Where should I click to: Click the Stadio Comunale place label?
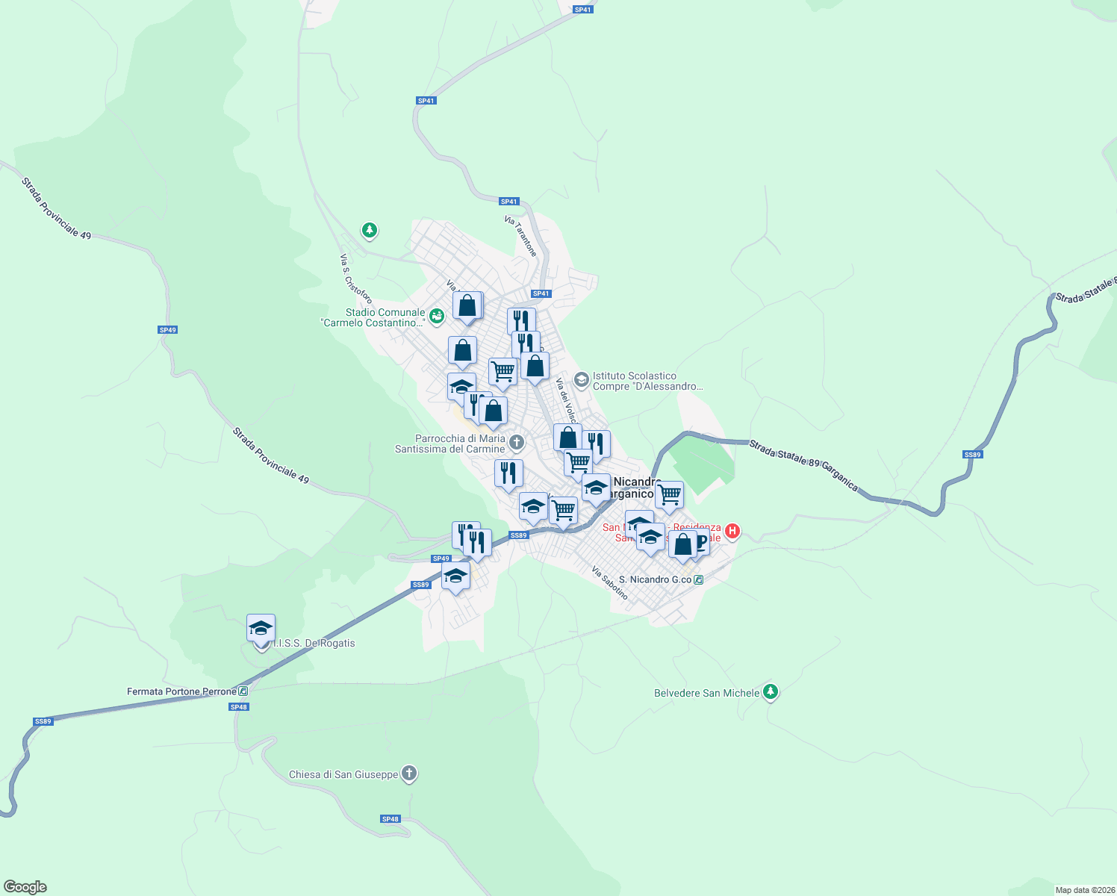point(373,317)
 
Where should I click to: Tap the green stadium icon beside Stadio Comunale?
point(437,316)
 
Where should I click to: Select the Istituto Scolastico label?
point(647,381)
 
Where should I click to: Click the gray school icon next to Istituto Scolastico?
point(582,381)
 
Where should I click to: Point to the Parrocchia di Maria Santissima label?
point(450,444)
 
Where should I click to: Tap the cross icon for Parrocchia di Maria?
point(516,444)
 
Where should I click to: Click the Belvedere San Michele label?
point(706,693)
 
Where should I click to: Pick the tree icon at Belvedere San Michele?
point(771,692)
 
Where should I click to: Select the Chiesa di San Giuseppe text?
point(343,774)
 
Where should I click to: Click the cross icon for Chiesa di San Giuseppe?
point(408,774)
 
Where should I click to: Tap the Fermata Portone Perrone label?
point(181,691)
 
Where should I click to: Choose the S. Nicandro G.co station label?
point(655,579)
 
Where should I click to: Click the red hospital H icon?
point(732,531)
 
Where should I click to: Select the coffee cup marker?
point(699,544)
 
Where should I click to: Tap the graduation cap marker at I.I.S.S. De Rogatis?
point(261,628)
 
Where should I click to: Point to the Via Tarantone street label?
point(520,236)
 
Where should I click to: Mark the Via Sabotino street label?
point(609,582)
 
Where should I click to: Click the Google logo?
point(25,887)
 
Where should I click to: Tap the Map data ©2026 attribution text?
point(1084,890)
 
